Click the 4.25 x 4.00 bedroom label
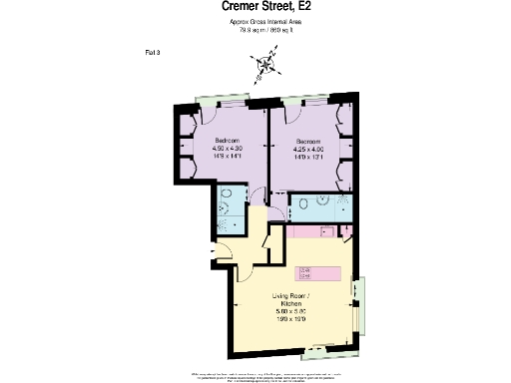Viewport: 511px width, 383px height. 307,149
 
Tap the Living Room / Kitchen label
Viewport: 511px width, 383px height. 297,302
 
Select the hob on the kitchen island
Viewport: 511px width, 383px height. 306,270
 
